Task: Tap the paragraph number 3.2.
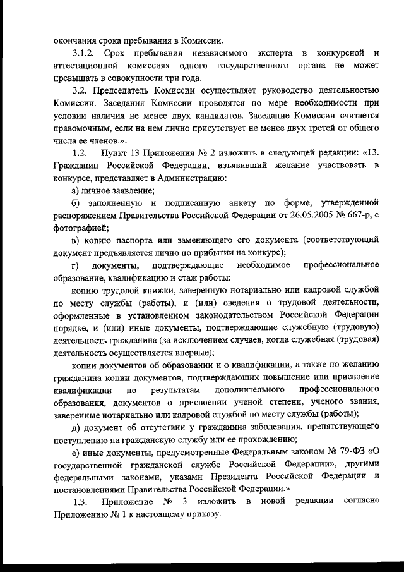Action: click(80, 90)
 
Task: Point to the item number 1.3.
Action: click(80, 501)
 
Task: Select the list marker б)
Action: click(76, 203)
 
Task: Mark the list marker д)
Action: click(76, 426)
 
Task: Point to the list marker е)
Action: click(76, 450)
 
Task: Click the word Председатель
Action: click(122, 90)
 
